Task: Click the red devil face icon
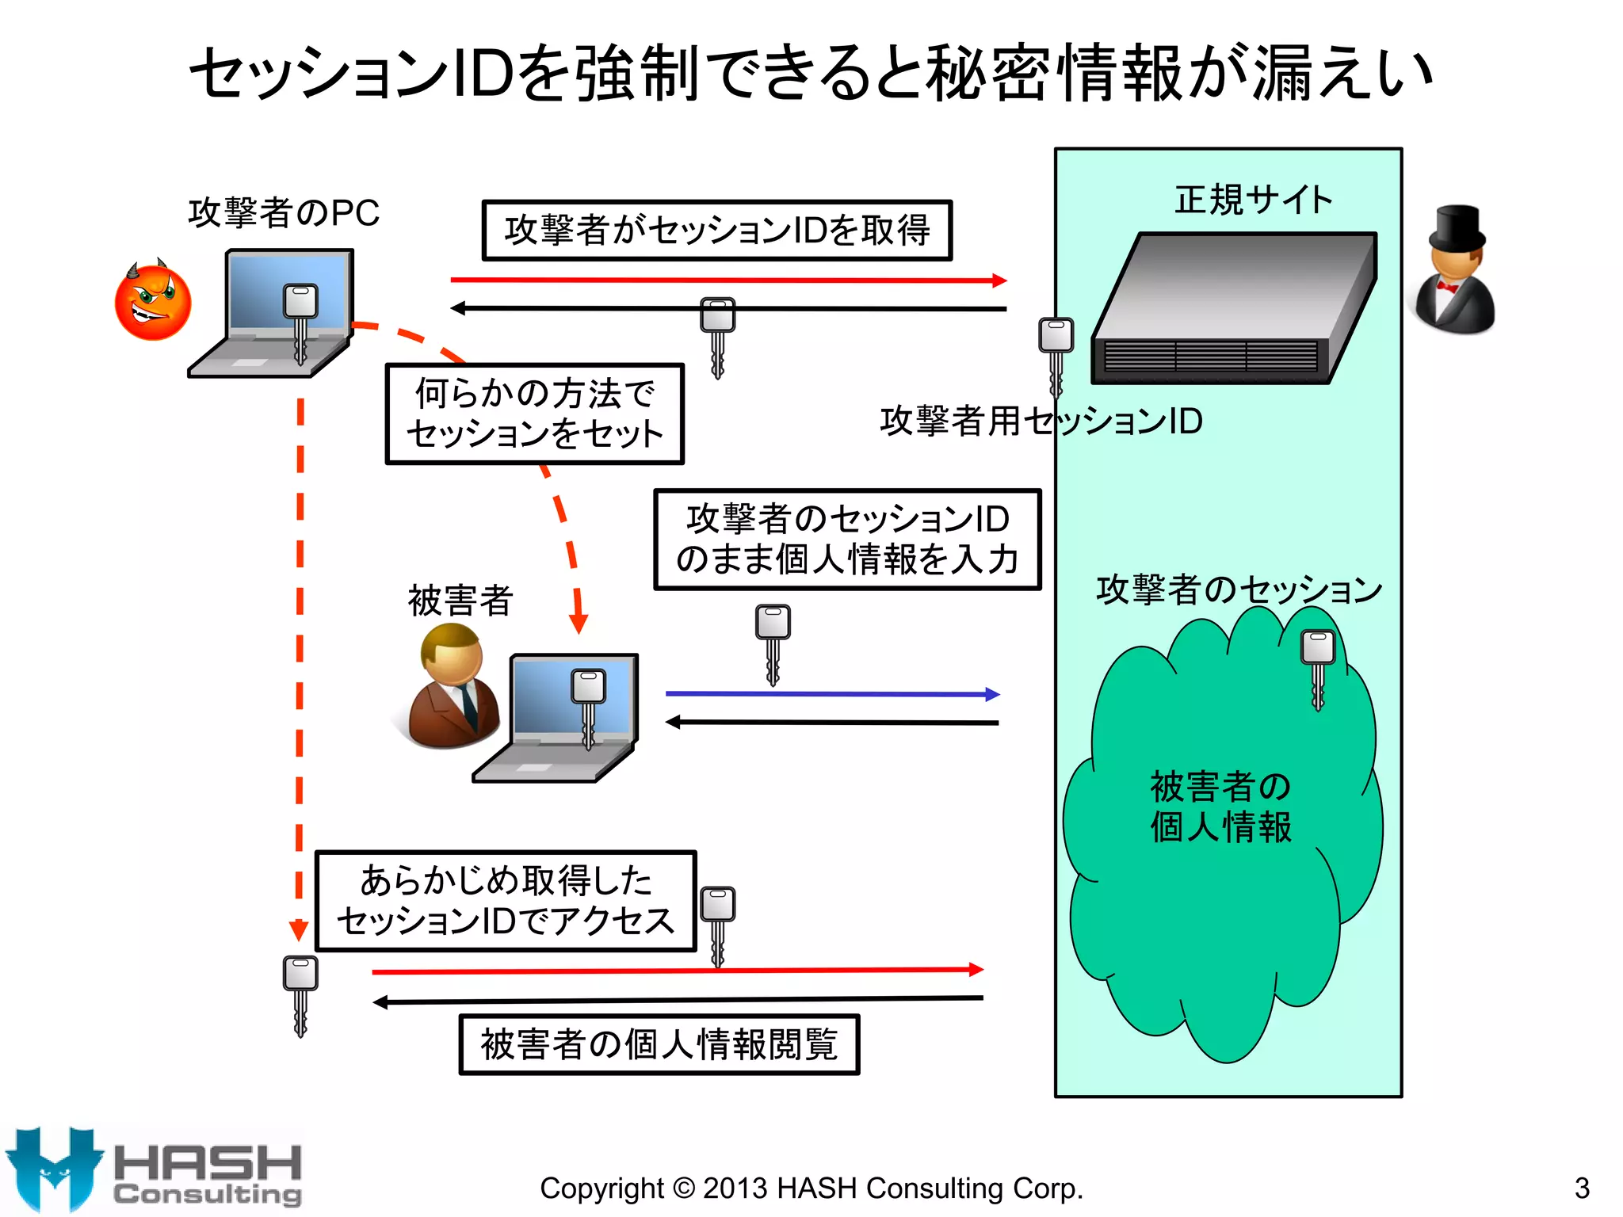[x=153, y=303]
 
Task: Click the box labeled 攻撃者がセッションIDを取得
[x=716, y=231]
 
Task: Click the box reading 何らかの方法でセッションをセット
[x=534, y=414]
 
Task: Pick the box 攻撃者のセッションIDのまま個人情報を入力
[x=846, y=539]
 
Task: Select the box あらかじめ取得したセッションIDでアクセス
[x=506, y=901]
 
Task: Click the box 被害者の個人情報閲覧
[x=659, y=1044]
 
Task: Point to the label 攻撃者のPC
[x=284, y=212]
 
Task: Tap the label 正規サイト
[x=1253, y=200]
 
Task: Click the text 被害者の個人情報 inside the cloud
[x=1220, y=807]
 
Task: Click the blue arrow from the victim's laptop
[x=832, y=694]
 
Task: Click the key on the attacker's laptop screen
[x=300, y=321]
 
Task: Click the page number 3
[x=1582, y=1188]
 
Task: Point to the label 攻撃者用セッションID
[x=1041, y=421]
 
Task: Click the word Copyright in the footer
[x=601, y=1188]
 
